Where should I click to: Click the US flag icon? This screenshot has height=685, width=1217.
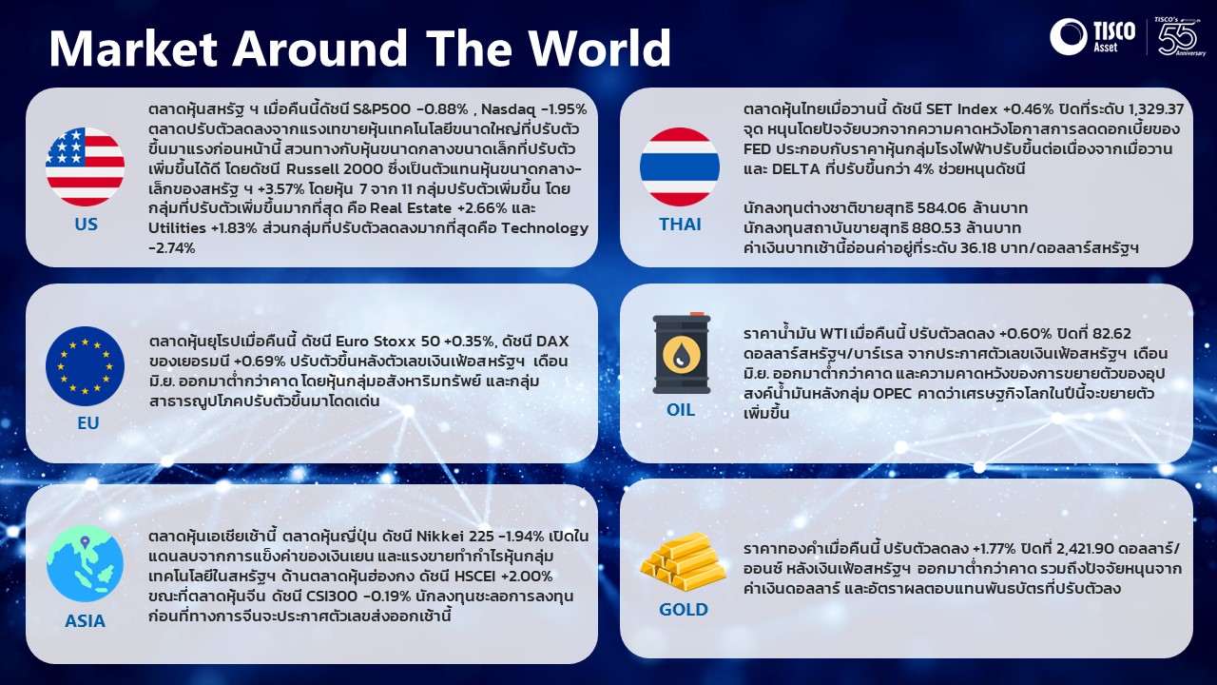(85, 166)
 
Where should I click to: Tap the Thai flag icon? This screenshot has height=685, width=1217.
(680, 166)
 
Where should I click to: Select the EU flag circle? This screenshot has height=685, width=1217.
(85, 366)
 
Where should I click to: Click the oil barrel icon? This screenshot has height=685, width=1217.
(682, 353)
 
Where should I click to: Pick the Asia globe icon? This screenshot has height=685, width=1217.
(85, 563)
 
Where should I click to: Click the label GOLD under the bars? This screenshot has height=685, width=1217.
(684, 610)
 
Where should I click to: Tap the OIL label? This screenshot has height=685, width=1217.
(681, 409)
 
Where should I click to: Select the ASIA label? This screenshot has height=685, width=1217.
(85, 621)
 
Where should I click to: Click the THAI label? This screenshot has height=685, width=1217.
(680, 224)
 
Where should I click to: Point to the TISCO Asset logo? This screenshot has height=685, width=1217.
(1092, 36)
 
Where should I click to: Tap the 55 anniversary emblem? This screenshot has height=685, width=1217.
(1181, 36)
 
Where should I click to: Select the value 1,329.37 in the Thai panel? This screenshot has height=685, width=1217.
(1156, 109)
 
